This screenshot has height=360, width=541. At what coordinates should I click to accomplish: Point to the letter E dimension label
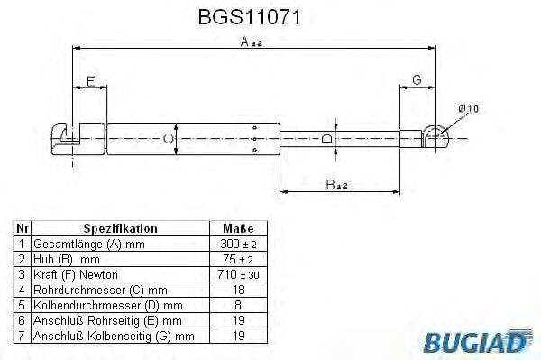coord(89,82)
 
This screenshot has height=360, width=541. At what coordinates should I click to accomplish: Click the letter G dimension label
coord(416,81)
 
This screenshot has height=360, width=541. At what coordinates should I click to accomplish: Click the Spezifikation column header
coord(120,229)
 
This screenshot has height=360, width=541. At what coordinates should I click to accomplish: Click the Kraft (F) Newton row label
coord(76,274)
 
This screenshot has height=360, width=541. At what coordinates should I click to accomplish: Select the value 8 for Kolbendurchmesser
coord(237,305)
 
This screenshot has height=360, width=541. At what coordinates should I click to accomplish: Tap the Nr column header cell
coord(22,229)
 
